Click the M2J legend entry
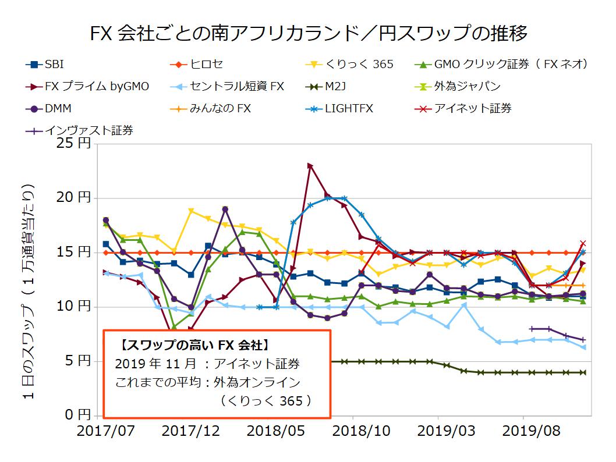point(335,87)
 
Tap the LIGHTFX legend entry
point(349,108)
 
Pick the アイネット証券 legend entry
point(473,108)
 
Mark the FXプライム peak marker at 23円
point(310,166)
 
